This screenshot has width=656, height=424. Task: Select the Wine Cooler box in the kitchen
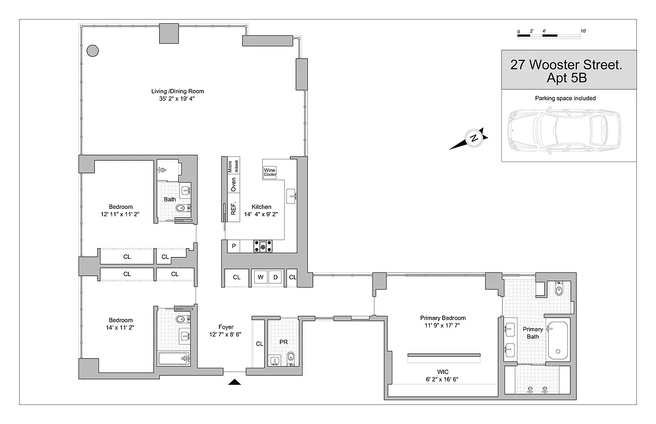point(270,172)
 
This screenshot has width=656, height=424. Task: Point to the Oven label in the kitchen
point(232,184)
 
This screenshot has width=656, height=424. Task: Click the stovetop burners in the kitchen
point(263,246)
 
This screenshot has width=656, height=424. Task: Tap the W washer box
point(260,277)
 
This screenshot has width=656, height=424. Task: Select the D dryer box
point(275,277)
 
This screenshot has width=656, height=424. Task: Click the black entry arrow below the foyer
point(235,381)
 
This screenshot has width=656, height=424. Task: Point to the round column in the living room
point(92,51)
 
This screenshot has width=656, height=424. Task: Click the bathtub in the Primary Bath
point(557,340)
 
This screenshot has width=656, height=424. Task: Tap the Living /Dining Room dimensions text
point(177,99)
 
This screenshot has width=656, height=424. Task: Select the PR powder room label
point(283,342)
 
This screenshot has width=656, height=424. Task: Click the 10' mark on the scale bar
point(583,32)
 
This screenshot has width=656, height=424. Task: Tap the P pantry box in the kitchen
point(233,246)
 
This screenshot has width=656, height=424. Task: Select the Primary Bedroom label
point(442,318)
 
